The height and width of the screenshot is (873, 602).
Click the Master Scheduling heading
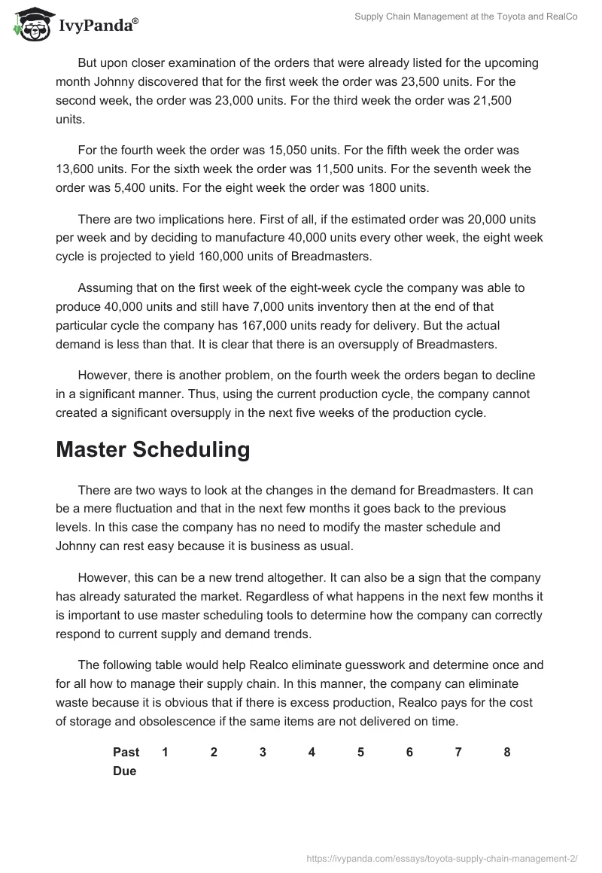[x=153, y=449]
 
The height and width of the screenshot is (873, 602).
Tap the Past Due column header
[x=126, y=762]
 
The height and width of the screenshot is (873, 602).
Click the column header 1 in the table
[x=165, y=753]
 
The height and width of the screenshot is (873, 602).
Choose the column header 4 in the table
[x=312, y=753]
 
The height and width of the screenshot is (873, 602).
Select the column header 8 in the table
[x=507, y=753]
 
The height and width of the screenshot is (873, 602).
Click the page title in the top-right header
[x=466, y=17]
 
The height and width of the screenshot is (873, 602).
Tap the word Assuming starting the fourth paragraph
[x=105, y=287]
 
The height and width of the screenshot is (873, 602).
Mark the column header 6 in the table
[x=409, y=753]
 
